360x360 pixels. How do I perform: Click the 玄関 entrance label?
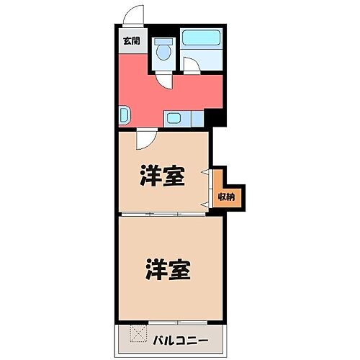point(131,41)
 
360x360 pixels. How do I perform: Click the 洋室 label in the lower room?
point(167,270)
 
